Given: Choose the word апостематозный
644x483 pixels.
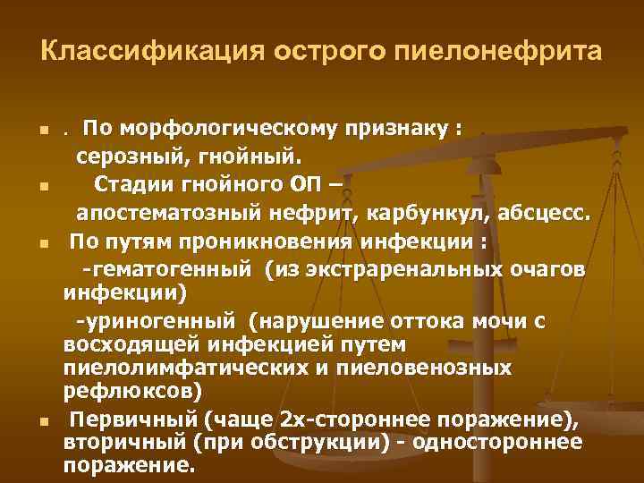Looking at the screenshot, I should click(165, 215).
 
